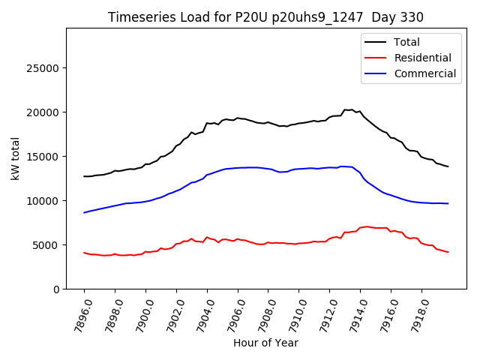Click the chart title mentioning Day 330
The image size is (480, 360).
point(265,17)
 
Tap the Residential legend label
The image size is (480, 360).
point(423,58)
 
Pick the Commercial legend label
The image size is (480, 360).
point(425,73)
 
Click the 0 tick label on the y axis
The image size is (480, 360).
point(56,289)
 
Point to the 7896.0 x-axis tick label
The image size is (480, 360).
point(79,313)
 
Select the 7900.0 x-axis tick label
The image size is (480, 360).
point(140,313)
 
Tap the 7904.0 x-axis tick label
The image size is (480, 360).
point(202,313)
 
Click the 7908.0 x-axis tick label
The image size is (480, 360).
point(262,313)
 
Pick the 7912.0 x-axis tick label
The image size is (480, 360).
point(324,313)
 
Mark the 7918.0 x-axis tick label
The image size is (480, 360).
point(415,313)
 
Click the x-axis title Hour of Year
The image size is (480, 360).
point(265,343)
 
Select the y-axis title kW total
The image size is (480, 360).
point(15,159)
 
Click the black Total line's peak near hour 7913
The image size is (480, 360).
point(346,109)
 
